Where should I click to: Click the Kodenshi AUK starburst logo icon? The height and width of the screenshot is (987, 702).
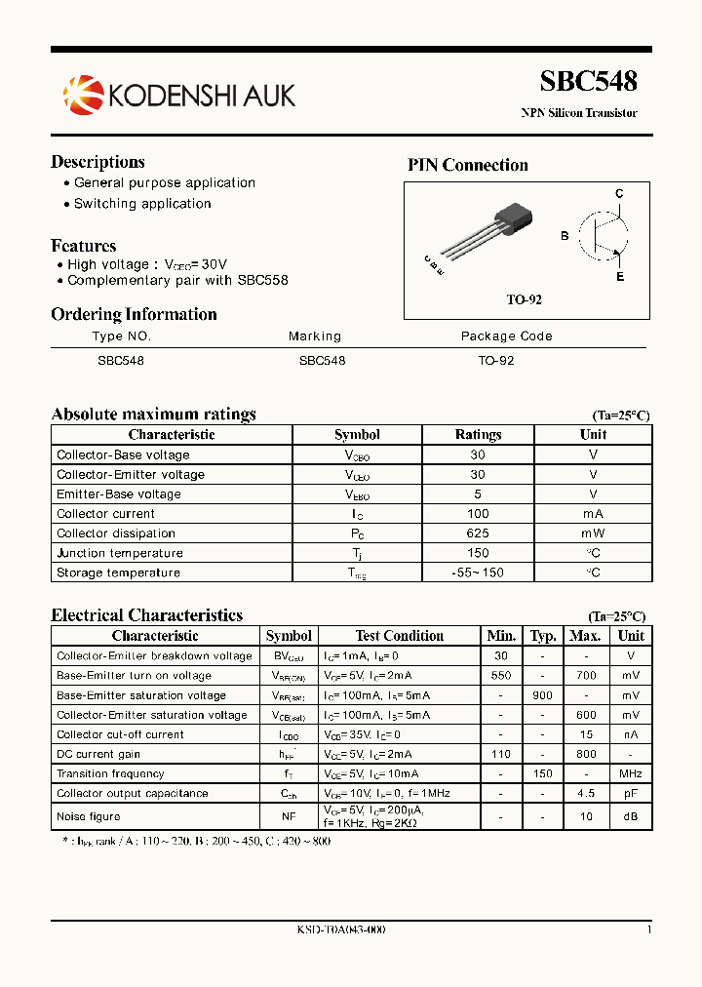[82, 95]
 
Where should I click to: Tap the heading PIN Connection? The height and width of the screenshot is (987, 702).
[467, 166]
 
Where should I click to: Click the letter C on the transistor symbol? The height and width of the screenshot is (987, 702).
[619, 194]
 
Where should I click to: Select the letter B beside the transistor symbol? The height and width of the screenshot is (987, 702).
[565, 236]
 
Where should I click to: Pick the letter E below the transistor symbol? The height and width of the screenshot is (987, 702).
[619, 277]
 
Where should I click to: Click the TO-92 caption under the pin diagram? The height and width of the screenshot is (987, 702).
[524, 299]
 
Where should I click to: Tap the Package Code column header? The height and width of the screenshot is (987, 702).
[506, 336]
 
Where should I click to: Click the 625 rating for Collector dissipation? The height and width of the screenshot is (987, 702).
[478, 533]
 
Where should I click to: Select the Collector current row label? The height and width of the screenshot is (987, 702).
[105, 514]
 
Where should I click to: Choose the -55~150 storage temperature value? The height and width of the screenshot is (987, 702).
[478, 572]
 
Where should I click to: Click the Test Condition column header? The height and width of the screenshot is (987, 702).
[400, 636]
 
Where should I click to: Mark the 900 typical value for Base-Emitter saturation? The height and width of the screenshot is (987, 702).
[543, 695]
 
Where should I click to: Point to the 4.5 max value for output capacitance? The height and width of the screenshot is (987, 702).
[585, 794]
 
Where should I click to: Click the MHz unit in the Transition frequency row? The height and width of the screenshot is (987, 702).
[631, 774]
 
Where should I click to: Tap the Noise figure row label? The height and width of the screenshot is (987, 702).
[89, 816]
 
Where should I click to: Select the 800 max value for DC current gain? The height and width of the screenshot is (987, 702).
[585, 754]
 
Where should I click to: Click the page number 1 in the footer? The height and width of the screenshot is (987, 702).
[648, 930]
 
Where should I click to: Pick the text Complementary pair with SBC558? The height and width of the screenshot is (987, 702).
[177, 281]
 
